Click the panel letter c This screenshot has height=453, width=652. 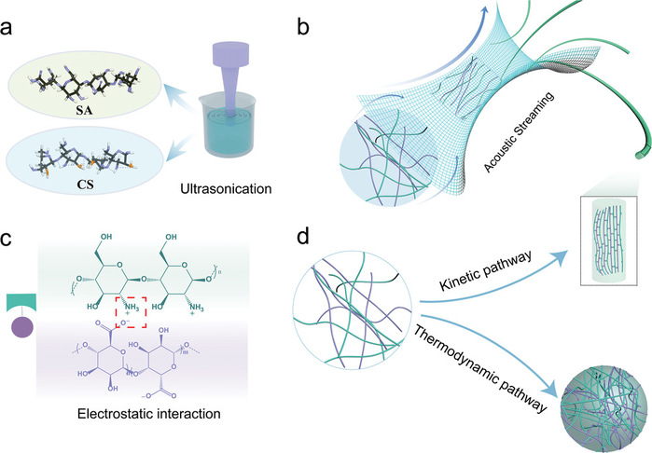click(x=11, y=240)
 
